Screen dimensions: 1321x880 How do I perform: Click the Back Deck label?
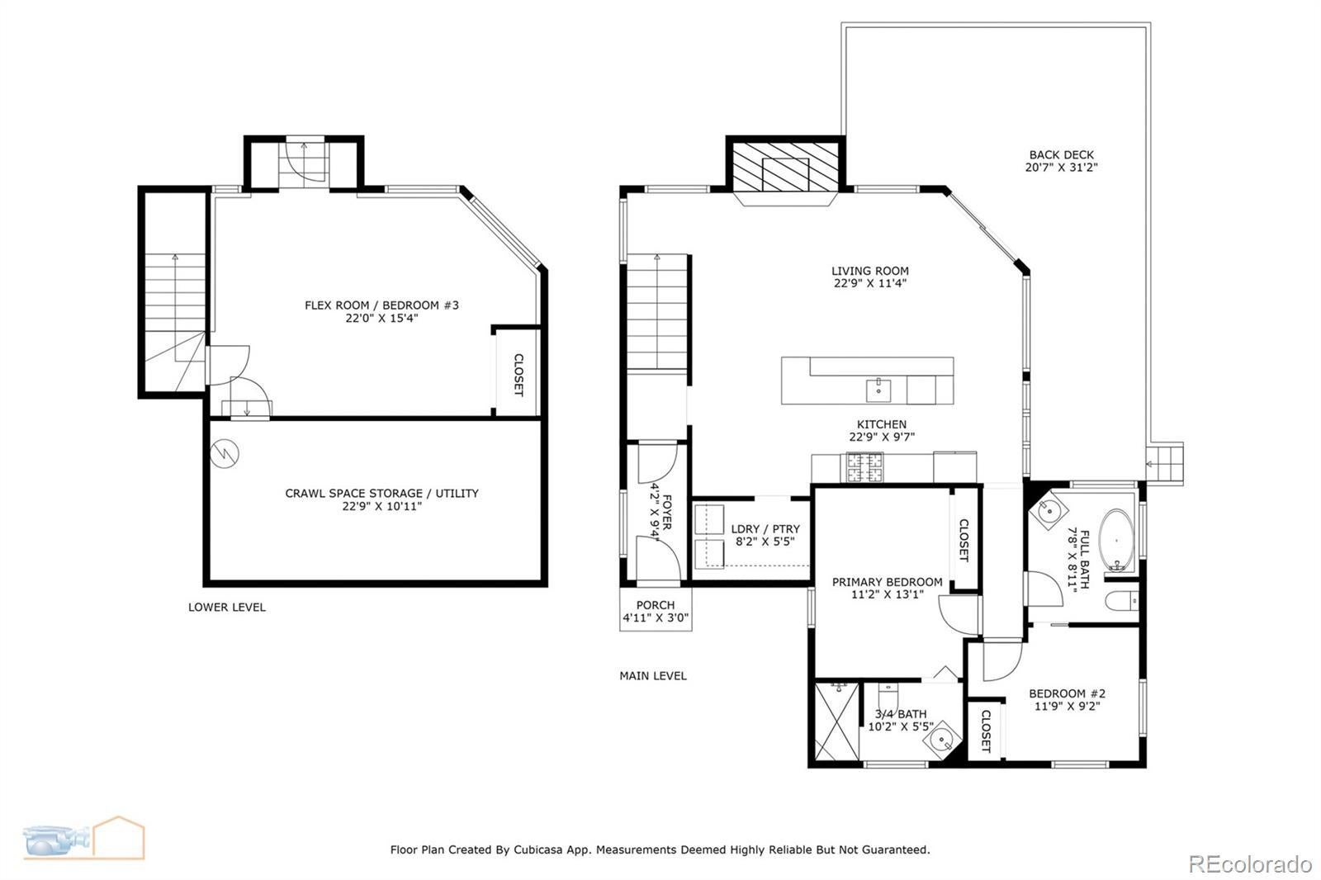tap(1062, 155)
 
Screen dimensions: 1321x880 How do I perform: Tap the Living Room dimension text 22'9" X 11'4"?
tap(870, 283)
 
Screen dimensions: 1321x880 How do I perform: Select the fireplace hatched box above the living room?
tap(785, 167)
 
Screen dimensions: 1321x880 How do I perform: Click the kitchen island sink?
tap(878, 390)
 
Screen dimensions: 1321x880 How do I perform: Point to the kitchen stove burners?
tap(864, 467)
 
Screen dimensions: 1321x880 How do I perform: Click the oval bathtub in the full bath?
tap(1116, 540)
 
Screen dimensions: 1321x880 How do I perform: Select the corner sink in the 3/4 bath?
tap(941, 739)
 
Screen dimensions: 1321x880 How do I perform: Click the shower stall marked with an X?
tap(837, 722)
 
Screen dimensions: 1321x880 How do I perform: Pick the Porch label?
tap(656, 605)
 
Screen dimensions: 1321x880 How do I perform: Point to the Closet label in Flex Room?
tap(518, 375)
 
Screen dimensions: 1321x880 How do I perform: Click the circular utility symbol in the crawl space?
tap(225, 453)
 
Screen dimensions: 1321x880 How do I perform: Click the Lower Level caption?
tap(227, 607)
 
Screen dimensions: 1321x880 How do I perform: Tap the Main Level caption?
tap(653, 676)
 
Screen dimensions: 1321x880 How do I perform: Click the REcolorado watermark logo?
tap(1250, 864)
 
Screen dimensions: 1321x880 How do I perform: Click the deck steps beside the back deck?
tap(1165, 464)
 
